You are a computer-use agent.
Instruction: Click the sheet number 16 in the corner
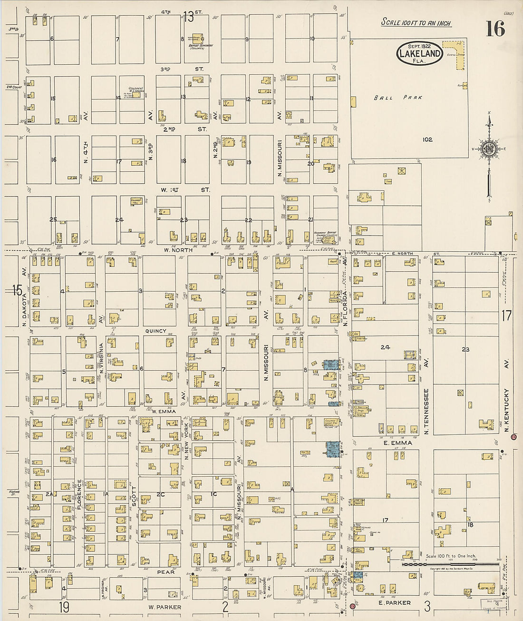(495, 29)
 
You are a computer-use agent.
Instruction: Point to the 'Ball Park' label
(398, 98)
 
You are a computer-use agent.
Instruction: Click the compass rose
(489, 149)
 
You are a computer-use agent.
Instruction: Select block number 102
(427, 139)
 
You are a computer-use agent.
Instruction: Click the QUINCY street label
(156, 331)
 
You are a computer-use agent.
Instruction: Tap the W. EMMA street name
(164, 411)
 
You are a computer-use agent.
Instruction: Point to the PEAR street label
(166, 572)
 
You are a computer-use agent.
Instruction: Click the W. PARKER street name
(165, 607)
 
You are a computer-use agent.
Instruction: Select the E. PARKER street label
(395, 602)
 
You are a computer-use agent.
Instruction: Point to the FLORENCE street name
(79, 494)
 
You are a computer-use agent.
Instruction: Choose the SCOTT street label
(134, 495)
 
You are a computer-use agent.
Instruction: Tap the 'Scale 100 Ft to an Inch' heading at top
(416, 23)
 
